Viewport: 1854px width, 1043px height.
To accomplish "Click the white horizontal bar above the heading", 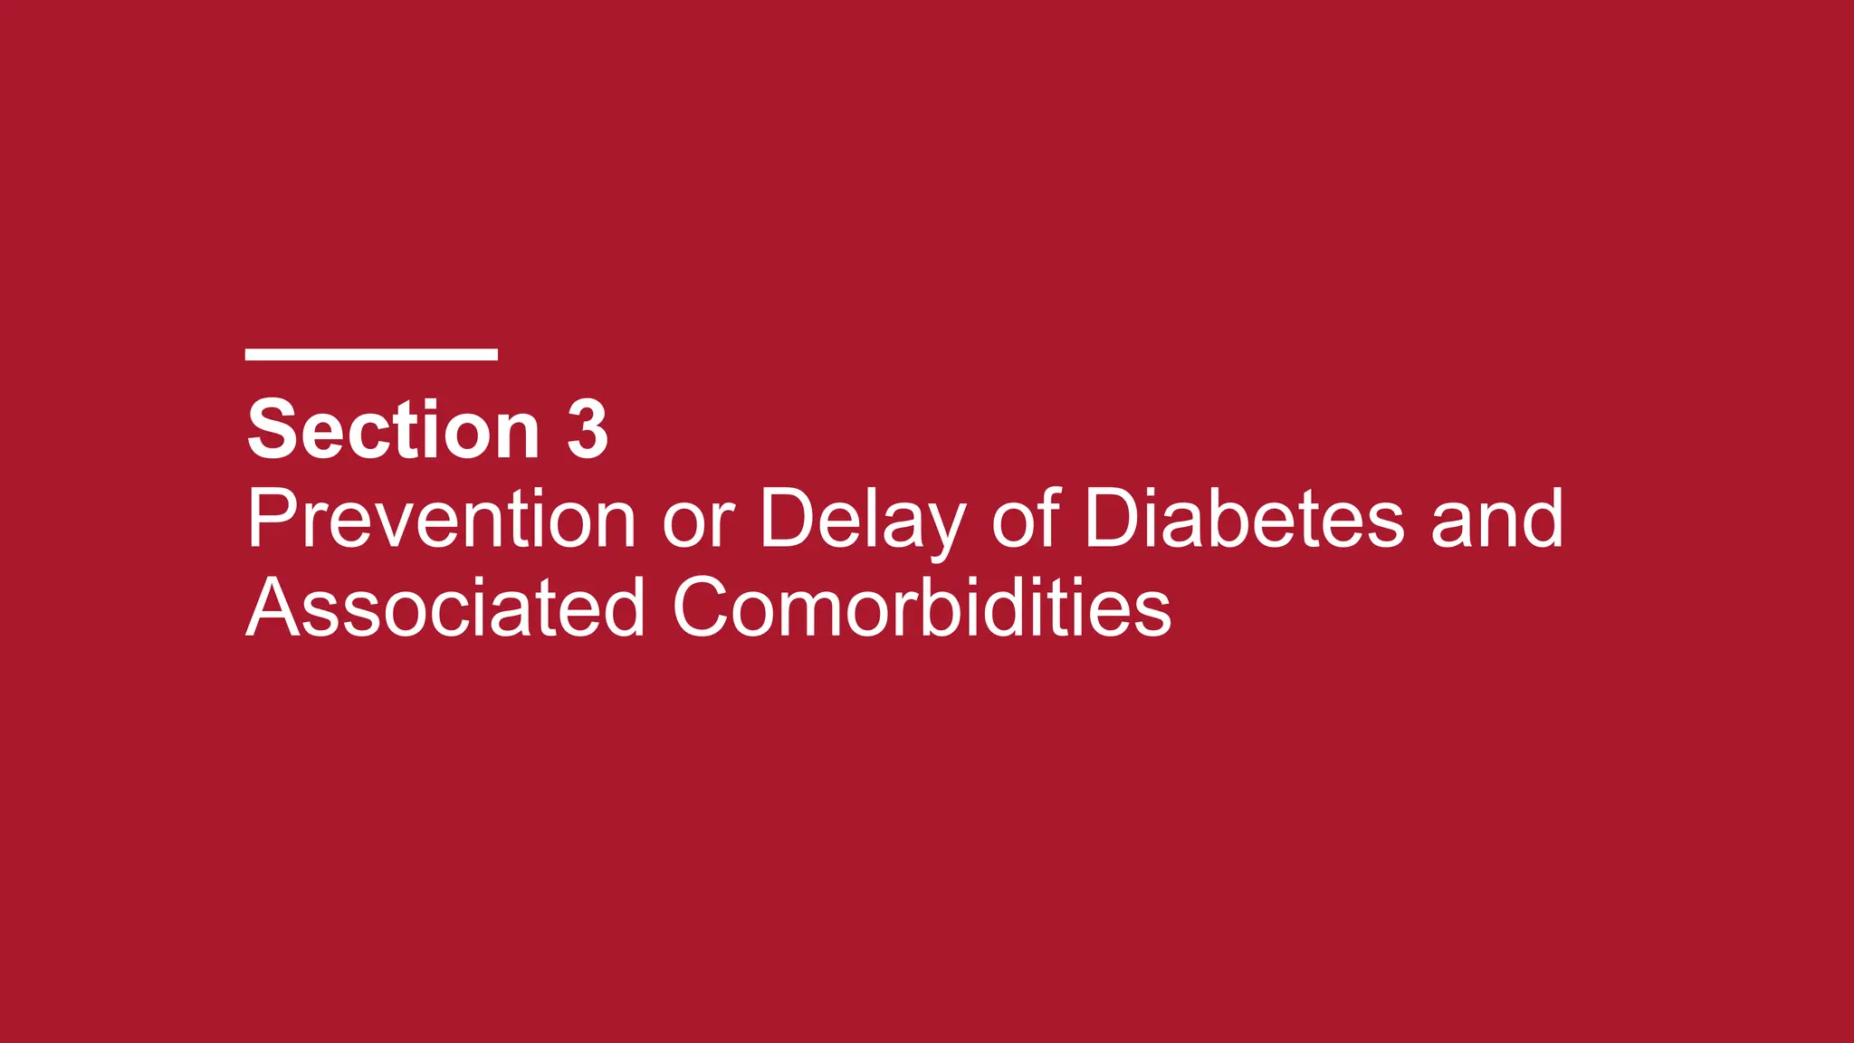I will click(x=371, y=354).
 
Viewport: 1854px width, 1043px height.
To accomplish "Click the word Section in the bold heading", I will click(x=393, y=430).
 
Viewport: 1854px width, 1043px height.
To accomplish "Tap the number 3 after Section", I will click(x=588, y=430).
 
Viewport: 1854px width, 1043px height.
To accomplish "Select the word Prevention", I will click(x=442, y=519).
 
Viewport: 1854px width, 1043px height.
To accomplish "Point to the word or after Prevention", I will click(x=698, y=523).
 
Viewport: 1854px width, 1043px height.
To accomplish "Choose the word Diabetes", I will click(x=1245, y=519).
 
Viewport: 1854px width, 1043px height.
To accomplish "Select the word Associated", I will click(x=445, y=608).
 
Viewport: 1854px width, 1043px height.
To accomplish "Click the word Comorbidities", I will click(x=922, y=608).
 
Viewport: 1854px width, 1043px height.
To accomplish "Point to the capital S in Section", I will click(x=273, y=430).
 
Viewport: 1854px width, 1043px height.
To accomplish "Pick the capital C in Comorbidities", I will click(x=705, y=608).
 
